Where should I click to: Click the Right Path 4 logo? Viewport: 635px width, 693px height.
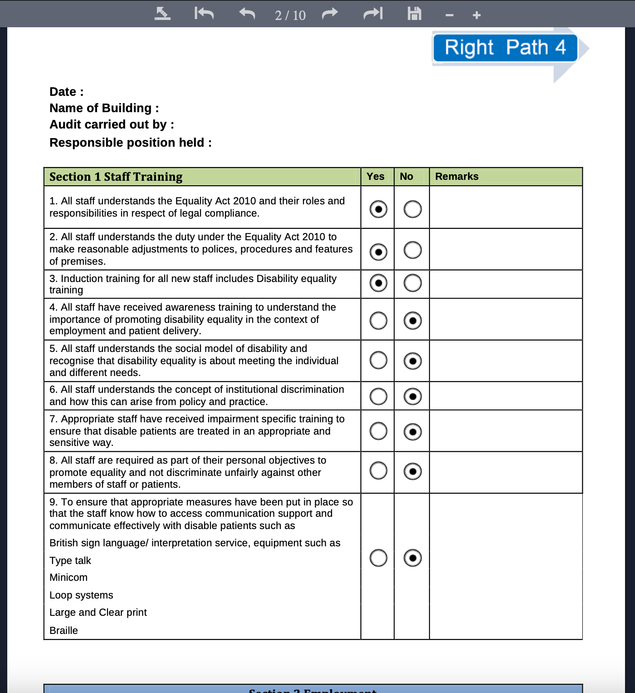click(x=505, y=48)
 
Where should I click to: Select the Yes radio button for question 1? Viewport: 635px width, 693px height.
click(x=378, y=209)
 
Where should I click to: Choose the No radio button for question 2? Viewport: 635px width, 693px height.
click(x=412, y=250)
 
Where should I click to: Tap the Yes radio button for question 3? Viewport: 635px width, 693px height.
click(x=378, y=283)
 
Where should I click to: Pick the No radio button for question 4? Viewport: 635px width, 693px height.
click(x=412, y=321)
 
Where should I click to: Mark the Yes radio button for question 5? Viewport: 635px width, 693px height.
click(x=378, y=361)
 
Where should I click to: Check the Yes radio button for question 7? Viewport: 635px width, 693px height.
click(x=378, y=431)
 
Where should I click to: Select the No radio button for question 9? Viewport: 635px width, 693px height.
click(x=412, y=558)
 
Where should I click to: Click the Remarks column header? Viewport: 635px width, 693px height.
click(x=457, y=177)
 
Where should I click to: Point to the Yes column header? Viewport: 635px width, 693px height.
click(x=376, y=177)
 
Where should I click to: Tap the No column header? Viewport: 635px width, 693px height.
click(x=406, y=177)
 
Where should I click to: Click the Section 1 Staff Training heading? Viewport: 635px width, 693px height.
click(x=116, y=177)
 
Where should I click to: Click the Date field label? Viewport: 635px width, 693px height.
click(x=66, y=92)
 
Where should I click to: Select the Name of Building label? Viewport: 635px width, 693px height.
click(x=104, y=108)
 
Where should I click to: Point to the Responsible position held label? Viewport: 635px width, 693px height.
click(x=130, y=143)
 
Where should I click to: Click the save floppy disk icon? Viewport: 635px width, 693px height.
click(x=414, y=14)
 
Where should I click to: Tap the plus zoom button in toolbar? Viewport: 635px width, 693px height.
click(x=476, y=15)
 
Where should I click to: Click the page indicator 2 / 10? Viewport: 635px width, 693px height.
click(x=290, y=15)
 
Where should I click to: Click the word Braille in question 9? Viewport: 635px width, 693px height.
click(x=63, y=630)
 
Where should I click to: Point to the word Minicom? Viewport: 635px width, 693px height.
click(x=68, y=578)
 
